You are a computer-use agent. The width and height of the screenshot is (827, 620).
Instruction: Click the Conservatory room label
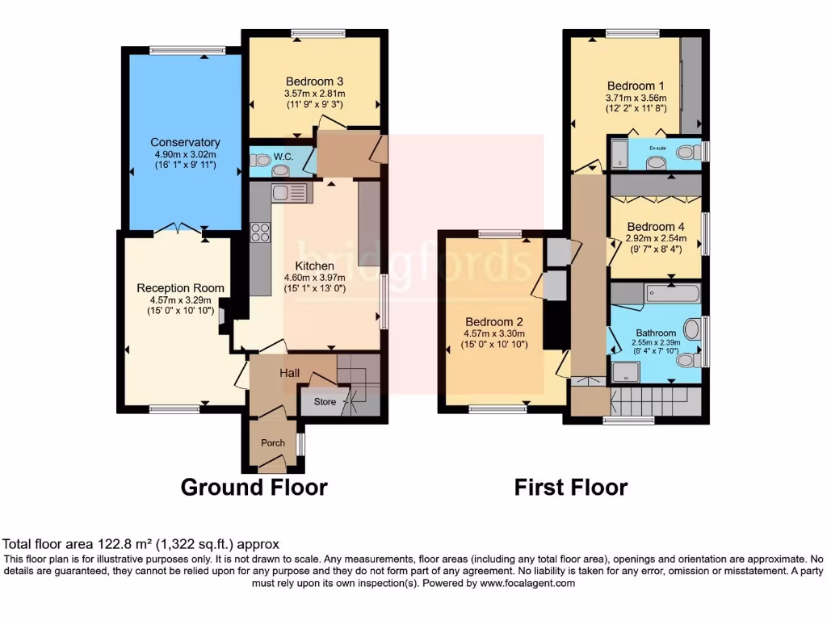point(185,143)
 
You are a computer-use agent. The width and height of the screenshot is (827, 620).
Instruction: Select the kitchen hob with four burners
point(261,232)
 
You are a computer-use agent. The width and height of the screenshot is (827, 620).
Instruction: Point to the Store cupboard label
point(324,400)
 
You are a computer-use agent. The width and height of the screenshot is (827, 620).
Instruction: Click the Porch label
point(272,442)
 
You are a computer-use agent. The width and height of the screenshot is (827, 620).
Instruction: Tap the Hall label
point(290,373)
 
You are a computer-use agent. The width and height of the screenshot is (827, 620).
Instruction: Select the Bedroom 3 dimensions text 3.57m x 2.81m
point(314,93)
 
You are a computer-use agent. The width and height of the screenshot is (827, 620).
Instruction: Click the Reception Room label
point(180,288)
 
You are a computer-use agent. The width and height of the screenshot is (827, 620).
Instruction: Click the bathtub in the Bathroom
point(672,292)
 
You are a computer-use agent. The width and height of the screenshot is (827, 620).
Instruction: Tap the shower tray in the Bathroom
point(626,371)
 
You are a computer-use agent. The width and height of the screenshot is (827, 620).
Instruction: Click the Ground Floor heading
point(254,488)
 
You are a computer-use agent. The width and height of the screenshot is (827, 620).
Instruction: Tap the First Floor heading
point(571,488)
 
